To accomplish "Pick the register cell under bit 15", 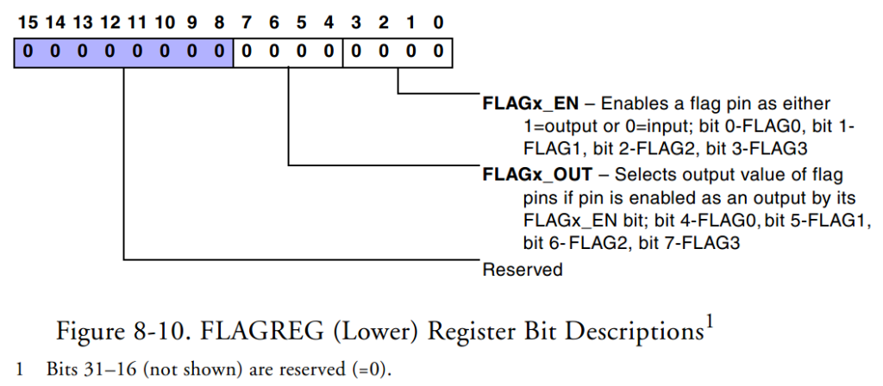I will coord(27,52).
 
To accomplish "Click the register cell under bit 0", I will coord(439,52).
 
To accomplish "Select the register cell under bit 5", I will coord(301,52).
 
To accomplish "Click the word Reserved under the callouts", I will coord(523,270).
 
